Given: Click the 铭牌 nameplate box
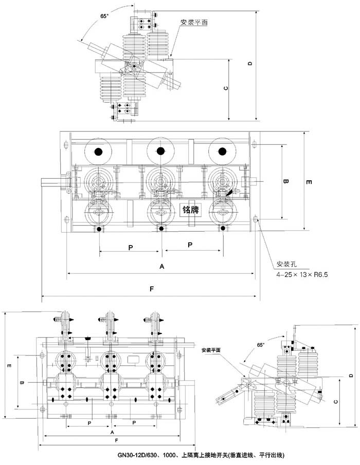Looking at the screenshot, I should pos(190,209).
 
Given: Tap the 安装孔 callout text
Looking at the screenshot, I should pos(287,264).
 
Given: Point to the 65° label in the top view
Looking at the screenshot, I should pos(105,16).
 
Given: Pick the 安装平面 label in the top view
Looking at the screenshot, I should pos(194,23).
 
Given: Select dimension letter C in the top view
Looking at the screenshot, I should pos(226,88).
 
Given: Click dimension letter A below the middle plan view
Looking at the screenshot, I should pos(161,267).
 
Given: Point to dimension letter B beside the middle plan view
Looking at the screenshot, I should pos(287,181).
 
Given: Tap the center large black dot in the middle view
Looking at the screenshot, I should pos(161,151).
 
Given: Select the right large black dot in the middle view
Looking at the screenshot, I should pos(222,151).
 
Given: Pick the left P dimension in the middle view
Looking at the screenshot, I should pos(131,247).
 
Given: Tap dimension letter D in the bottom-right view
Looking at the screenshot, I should pos(350,376).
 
